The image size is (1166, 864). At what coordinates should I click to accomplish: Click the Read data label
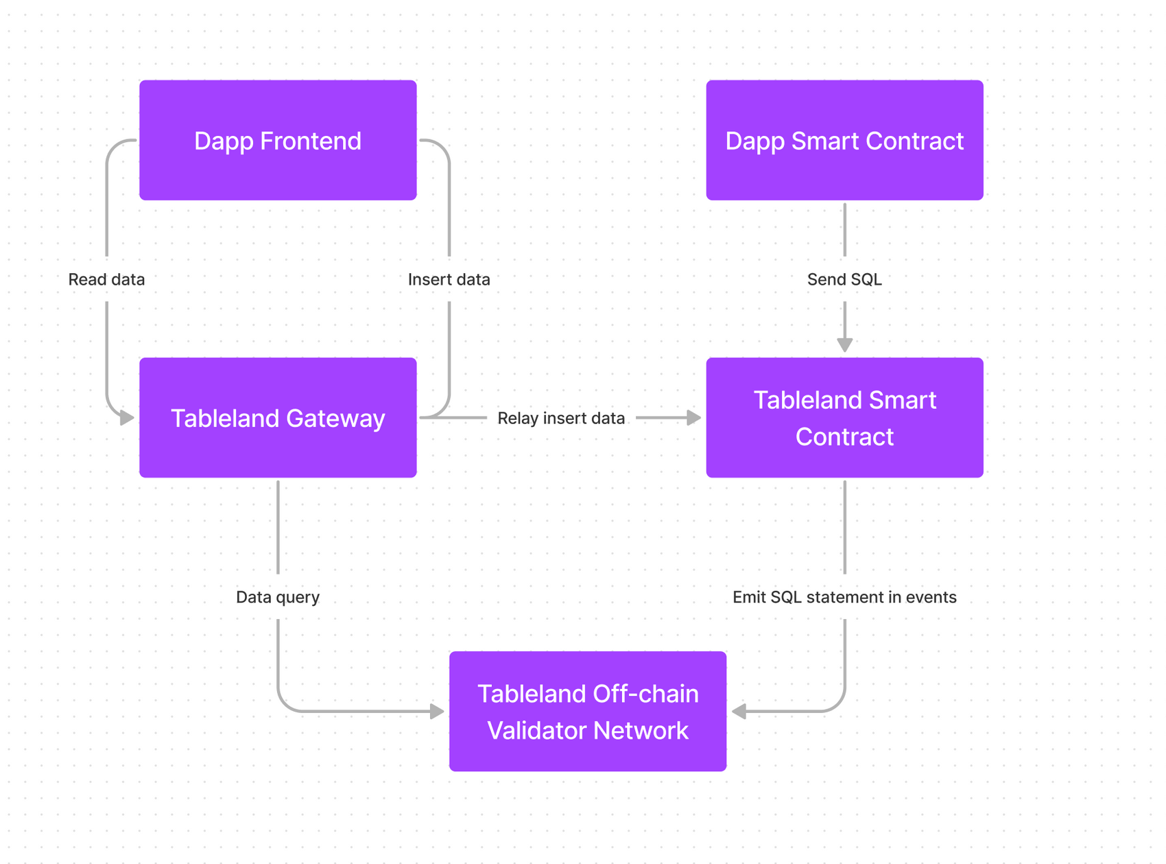[106, 279]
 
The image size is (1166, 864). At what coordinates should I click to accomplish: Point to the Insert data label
[449, 279]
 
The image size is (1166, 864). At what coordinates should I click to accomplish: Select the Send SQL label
[844, 279]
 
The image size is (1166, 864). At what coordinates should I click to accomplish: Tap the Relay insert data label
[560, 418]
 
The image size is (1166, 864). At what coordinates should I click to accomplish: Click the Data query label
[278, 597]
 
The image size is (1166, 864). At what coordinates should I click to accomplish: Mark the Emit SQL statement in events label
[844, 597]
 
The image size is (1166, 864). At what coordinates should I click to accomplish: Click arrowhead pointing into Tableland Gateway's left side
[127, 417]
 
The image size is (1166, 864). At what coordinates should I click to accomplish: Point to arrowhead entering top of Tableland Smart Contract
[844, 345]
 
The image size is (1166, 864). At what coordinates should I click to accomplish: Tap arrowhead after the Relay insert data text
[693, 417]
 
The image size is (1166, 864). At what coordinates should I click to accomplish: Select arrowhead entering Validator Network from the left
[437, 712]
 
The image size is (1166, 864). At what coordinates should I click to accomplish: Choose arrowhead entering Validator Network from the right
[739, 712]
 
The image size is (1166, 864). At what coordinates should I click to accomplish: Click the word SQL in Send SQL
[866, 279]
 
